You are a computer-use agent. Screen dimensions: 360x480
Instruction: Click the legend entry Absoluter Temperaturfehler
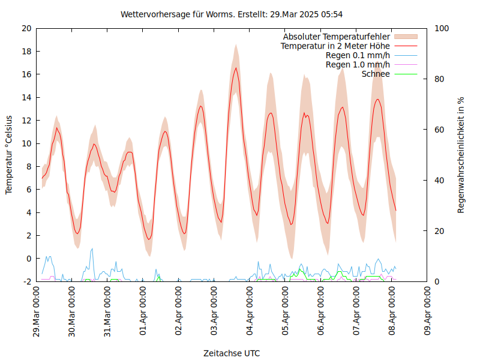(337, 36)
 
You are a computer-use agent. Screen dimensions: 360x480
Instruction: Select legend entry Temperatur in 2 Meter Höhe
(335, 46)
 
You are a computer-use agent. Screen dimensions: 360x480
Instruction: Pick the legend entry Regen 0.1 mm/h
(358, 55)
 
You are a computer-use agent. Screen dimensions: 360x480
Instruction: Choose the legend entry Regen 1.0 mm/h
(358, 65)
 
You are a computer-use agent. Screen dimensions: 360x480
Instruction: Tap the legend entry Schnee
(376, 74)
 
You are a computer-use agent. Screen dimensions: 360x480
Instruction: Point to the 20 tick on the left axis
(26, 28)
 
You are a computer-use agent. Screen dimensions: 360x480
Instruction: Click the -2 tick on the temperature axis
(26, 281)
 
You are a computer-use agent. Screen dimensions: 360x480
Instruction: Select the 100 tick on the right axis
(441, 28)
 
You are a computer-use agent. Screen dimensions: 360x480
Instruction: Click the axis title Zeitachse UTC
(232, 353)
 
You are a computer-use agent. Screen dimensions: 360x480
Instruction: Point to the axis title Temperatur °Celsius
(9, 155)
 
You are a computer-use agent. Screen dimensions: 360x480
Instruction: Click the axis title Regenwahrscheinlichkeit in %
(461, 155)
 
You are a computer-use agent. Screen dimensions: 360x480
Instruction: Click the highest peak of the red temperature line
(236, 68)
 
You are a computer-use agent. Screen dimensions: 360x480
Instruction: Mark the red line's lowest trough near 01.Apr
(149, 239)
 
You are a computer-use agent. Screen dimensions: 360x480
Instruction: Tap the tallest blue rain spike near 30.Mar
(92, 248)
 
